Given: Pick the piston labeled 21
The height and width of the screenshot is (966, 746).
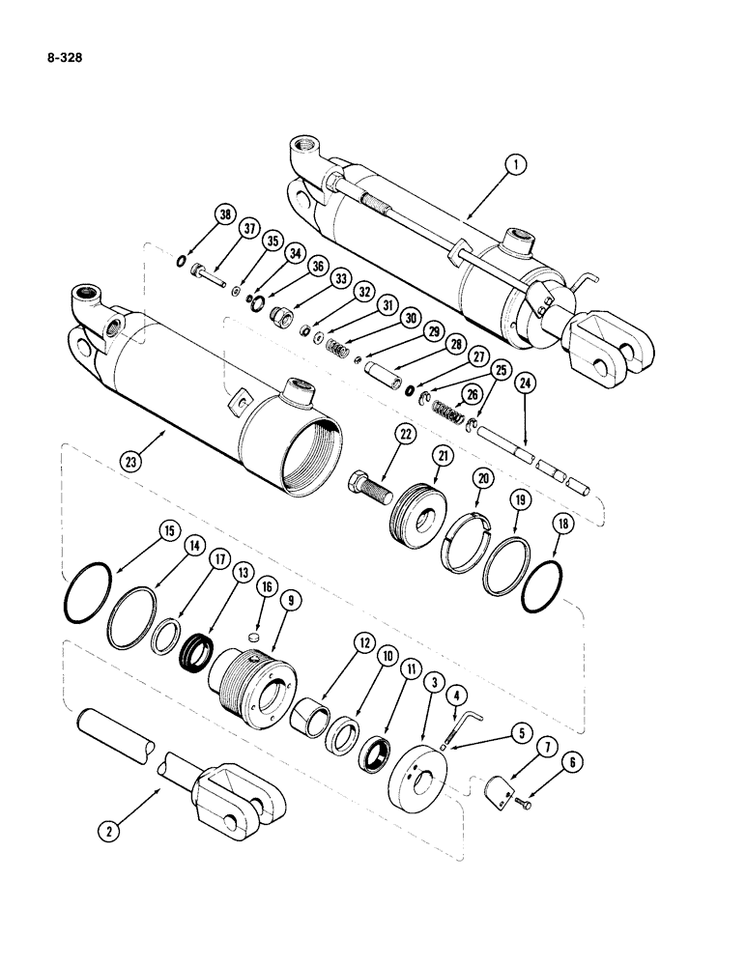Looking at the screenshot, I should (x=418, y=512).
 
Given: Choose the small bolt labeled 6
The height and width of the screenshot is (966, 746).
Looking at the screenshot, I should (x=523, y=799).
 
